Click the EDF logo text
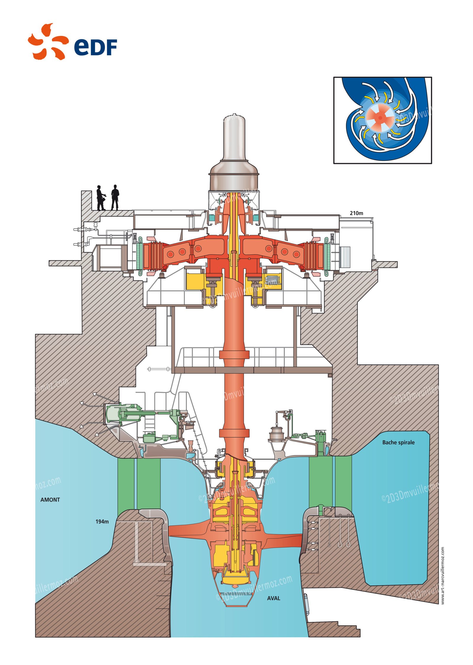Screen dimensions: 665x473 coord(95,47)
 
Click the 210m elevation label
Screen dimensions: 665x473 coord(356,213)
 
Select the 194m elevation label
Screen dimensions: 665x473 coord(102,522)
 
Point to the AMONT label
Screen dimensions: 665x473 coord(50,500)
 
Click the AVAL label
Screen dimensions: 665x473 coord(273,598)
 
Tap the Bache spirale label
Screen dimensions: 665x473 coord(398,442)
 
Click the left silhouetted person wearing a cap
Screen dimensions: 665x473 coord(100,198)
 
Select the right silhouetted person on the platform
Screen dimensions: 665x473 coord(115,197)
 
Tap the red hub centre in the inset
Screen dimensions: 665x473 coord(380,118)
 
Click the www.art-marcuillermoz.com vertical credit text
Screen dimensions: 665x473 coord(443,575)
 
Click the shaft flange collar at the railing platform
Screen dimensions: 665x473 coord(234,354)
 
